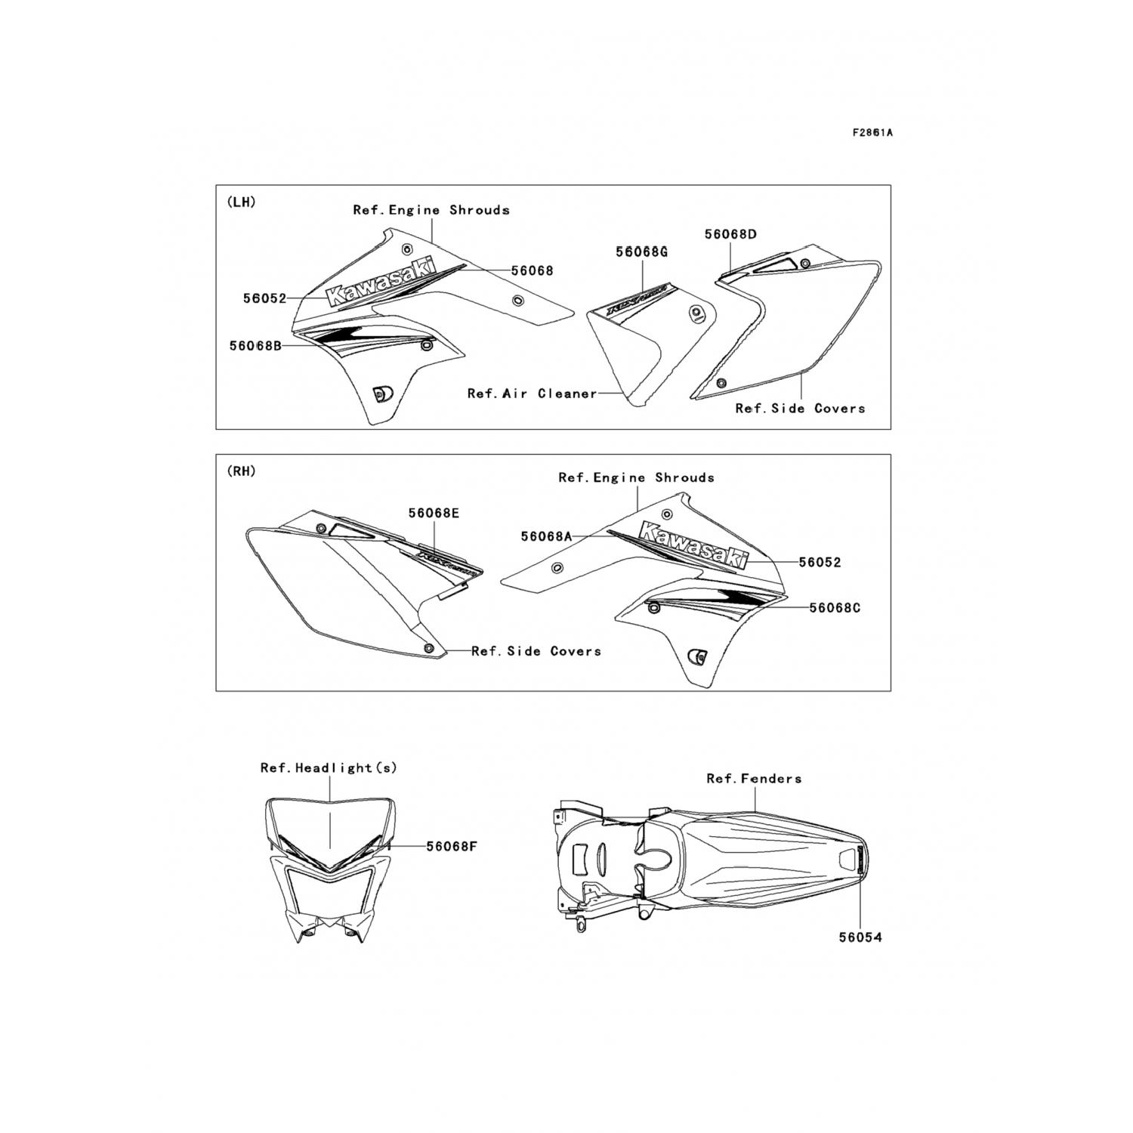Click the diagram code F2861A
872,133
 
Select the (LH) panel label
241,202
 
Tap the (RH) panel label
241,471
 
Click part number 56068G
641,252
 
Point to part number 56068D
730,234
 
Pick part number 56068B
255,346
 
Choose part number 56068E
434,514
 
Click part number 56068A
546,536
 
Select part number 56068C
835,607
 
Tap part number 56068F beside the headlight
451,846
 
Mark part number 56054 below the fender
860,937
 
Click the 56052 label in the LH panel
264,298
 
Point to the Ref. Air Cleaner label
532,394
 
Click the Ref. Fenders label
754,778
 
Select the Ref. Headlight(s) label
329,768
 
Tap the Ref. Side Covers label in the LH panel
800,409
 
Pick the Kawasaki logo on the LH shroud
381,282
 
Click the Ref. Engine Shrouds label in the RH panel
636,477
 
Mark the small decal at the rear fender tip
860,859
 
